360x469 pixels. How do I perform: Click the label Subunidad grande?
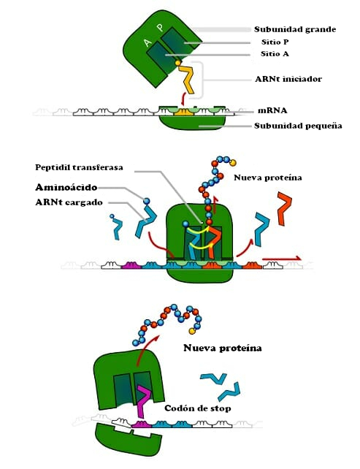tap(294, 30)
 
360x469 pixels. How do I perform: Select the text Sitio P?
tap(275, 43)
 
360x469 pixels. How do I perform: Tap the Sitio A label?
tap(275, 55)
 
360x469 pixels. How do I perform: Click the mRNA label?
tap(271, 111)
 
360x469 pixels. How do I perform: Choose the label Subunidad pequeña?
tap(298, 126)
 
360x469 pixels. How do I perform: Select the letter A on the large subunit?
tap(148, 45)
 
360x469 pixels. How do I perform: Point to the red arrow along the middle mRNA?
tap(281, 258)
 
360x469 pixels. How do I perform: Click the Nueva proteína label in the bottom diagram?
tap(222, 348)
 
